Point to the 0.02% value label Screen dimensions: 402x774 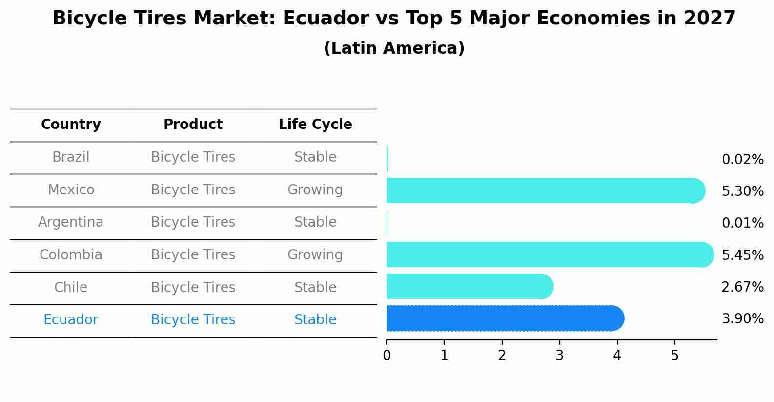(x=742, y=160)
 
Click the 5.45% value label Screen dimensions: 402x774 (x=742, y=255)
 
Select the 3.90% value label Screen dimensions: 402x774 (x=742, y=319)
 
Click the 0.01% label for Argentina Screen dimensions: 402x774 (x=742, y=223)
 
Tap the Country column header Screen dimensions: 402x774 (x=71, y=125)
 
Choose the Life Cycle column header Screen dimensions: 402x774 (x=315, y=125)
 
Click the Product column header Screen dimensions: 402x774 (x=193, y=125)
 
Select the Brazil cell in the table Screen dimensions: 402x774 (x=71, y=157)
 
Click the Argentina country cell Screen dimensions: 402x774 (x=71, y=222)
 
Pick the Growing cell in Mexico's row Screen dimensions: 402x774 (x=315, y=190)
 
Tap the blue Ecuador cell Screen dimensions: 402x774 (x=71, y=320)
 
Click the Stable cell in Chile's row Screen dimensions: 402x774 (x=315, y=287)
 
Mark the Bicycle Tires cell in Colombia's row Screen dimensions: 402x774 (x=193, y=255)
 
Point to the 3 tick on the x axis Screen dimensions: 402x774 (x=559, y=356)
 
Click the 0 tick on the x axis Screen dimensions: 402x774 (x=387, y=356)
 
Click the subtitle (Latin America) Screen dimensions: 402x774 (x=394, y=48)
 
